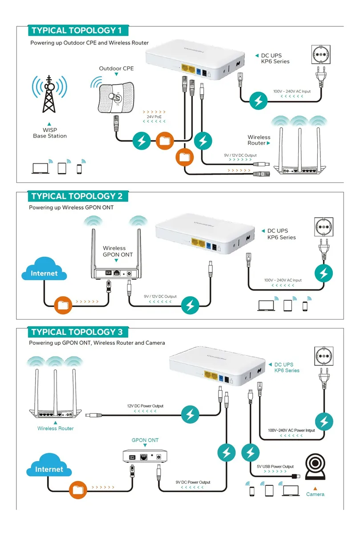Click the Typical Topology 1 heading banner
tap(77, 31)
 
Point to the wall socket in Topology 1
tap(318, 55)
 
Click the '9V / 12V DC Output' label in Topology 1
tap(240, 155)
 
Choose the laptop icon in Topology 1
tap(40, 168)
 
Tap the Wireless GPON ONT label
tap(117, 251)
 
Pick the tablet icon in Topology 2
tap(287, 305)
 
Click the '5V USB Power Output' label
tap(275, 467)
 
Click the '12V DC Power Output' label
tap(145, 406)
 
